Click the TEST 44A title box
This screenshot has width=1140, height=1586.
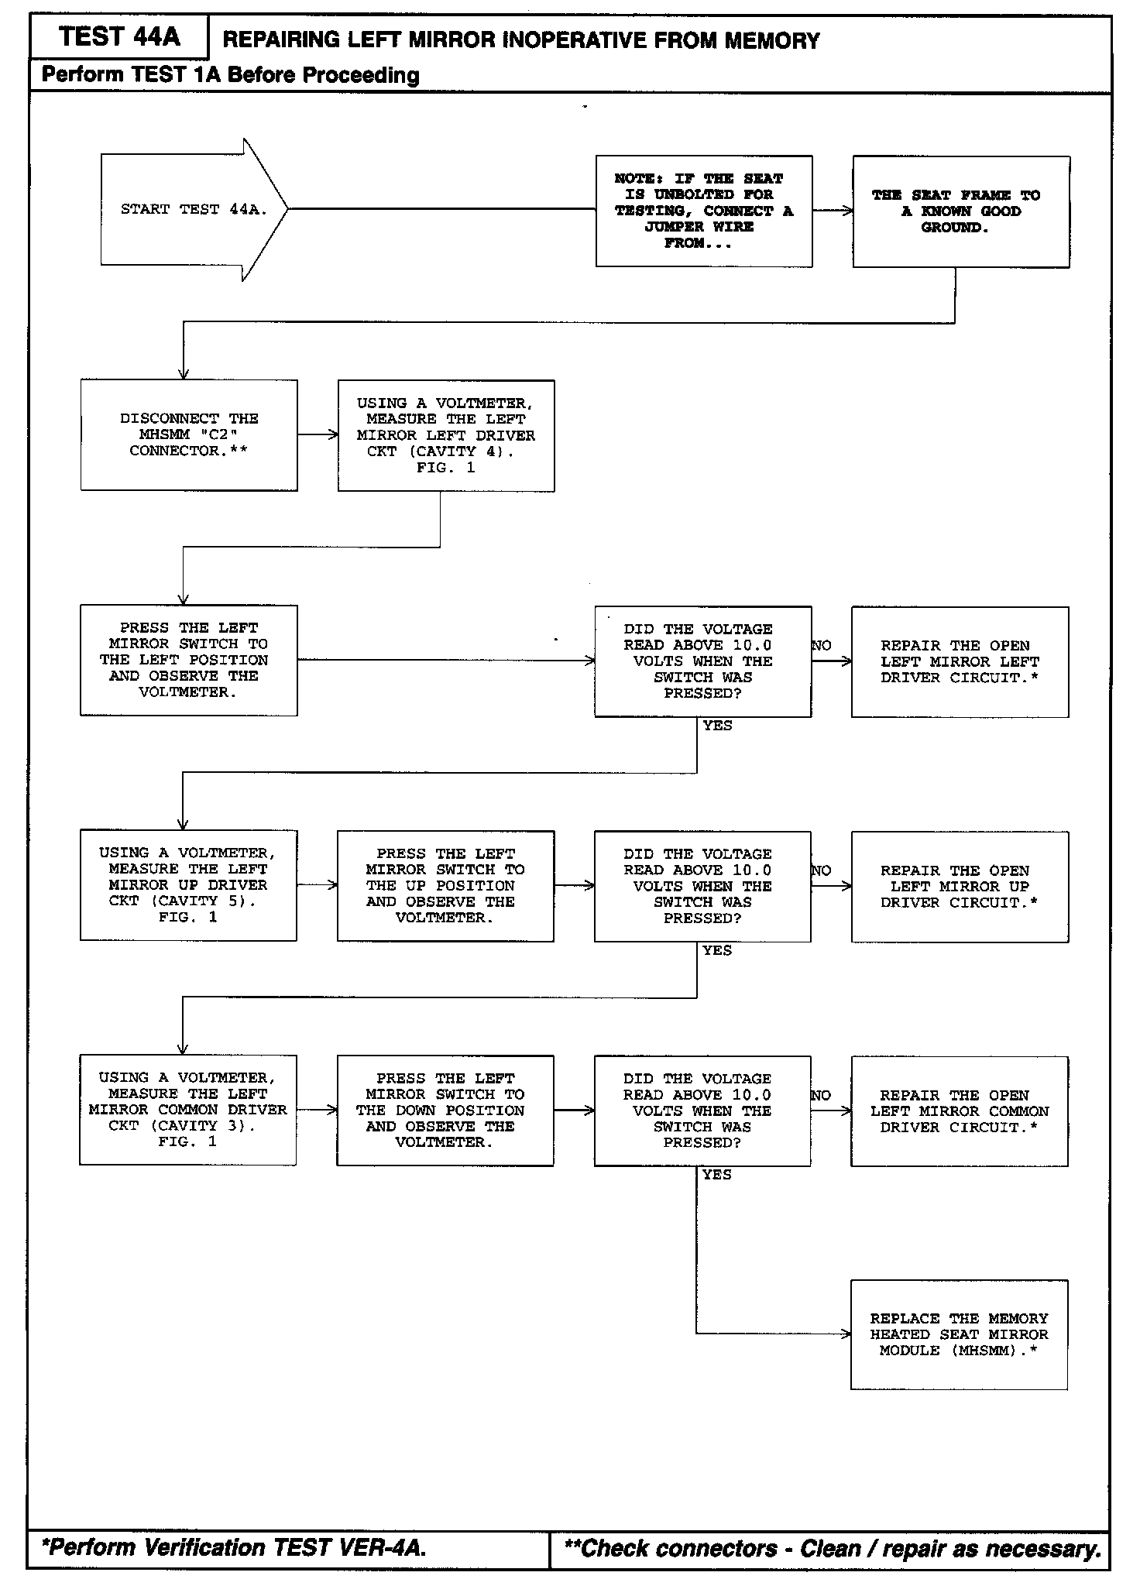[118, 37]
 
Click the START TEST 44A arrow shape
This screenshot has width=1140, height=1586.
[194, 209]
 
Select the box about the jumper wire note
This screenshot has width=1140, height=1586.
[704, 211]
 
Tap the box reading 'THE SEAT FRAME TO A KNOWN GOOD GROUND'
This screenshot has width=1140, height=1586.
[961, 211]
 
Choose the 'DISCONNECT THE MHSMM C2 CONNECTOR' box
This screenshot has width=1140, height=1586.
[189, 434]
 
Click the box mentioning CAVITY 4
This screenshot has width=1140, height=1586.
[446, 435]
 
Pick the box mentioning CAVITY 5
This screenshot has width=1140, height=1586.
[188, 885]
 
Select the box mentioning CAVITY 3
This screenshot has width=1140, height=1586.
[187, 1110]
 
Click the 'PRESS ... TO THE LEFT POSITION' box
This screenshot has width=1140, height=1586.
[188, 660]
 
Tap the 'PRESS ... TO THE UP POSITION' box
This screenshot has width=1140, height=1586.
[445, 886]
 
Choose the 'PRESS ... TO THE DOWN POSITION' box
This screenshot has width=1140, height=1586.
[445, 1111]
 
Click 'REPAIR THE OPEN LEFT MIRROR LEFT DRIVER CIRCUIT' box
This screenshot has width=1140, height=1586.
[960, 661]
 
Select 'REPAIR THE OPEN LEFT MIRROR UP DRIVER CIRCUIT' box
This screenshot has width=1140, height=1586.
[960, 887]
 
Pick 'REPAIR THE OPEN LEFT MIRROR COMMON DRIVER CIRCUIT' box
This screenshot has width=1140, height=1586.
[959, 1111]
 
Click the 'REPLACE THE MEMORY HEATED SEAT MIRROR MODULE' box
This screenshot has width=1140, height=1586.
[959, 1334]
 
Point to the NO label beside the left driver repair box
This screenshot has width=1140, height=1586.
[822, 645]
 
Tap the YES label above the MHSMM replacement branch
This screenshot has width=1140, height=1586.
[716, 1175]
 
